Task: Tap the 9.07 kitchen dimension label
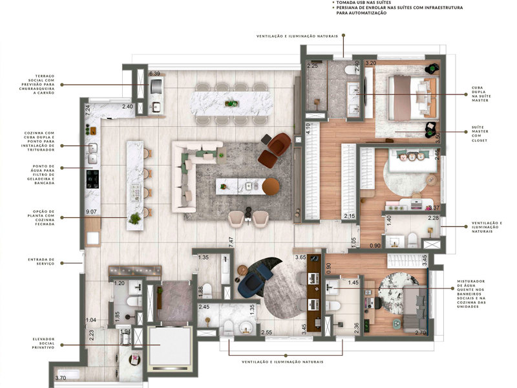coord(93,212)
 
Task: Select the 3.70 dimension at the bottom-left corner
coord(61,378)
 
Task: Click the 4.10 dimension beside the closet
coord(309,129)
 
